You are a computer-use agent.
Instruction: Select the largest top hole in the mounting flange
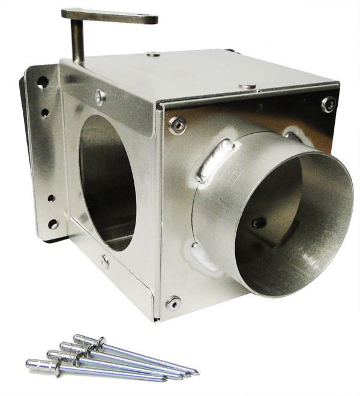(42, 82)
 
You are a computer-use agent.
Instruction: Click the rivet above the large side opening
(100, 95)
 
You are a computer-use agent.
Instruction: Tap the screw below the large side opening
(105, 261)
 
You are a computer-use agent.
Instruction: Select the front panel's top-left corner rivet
(176, 125)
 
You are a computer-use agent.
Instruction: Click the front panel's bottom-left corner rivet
(173, 302)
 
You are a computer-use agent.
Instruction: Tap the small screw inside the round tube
(258, 223)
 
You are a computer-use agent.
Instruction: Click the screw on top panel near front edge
(247, 86)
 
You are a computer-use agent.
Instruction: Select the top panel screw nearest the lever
(154, 55)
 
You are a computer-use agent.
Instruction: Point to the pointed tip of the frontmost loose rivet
(166, 379)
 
